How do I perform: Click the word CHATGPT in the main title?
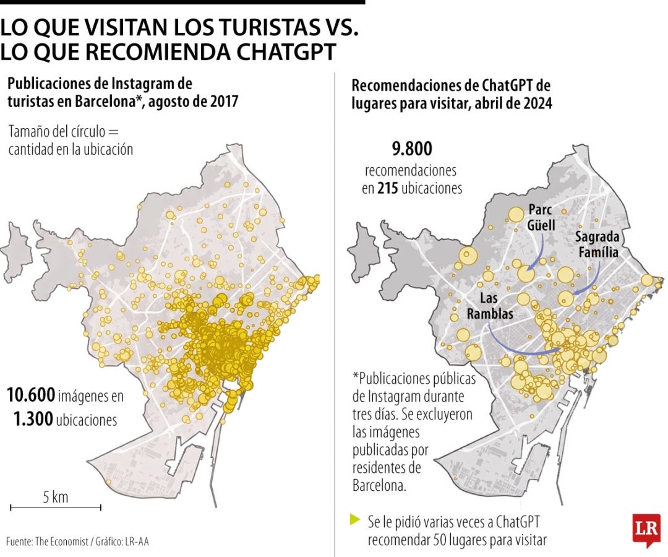pos(285,51)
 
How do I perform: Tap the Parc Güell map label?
pos(541,217)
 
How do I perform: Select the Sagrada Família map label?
pos(598,244)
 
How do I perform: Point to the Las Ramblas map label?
pos(490,306)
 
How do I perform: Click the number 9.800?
pos(412,149)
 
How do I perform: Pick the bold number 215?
pos(388,188)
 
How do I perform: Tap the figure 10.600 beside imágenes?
pos(31,395)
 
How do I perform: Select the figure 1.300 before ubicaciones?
pos(33,420)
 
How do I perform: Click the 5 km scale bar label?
pos(56,497)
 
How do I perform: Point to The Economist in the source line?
pos(61,542)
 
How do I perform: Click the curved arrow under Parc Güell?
pos(537,256)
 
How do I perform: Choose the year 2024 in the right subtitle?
pos(538,103)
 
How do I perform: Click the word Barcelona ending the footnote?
pos(379,485)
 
